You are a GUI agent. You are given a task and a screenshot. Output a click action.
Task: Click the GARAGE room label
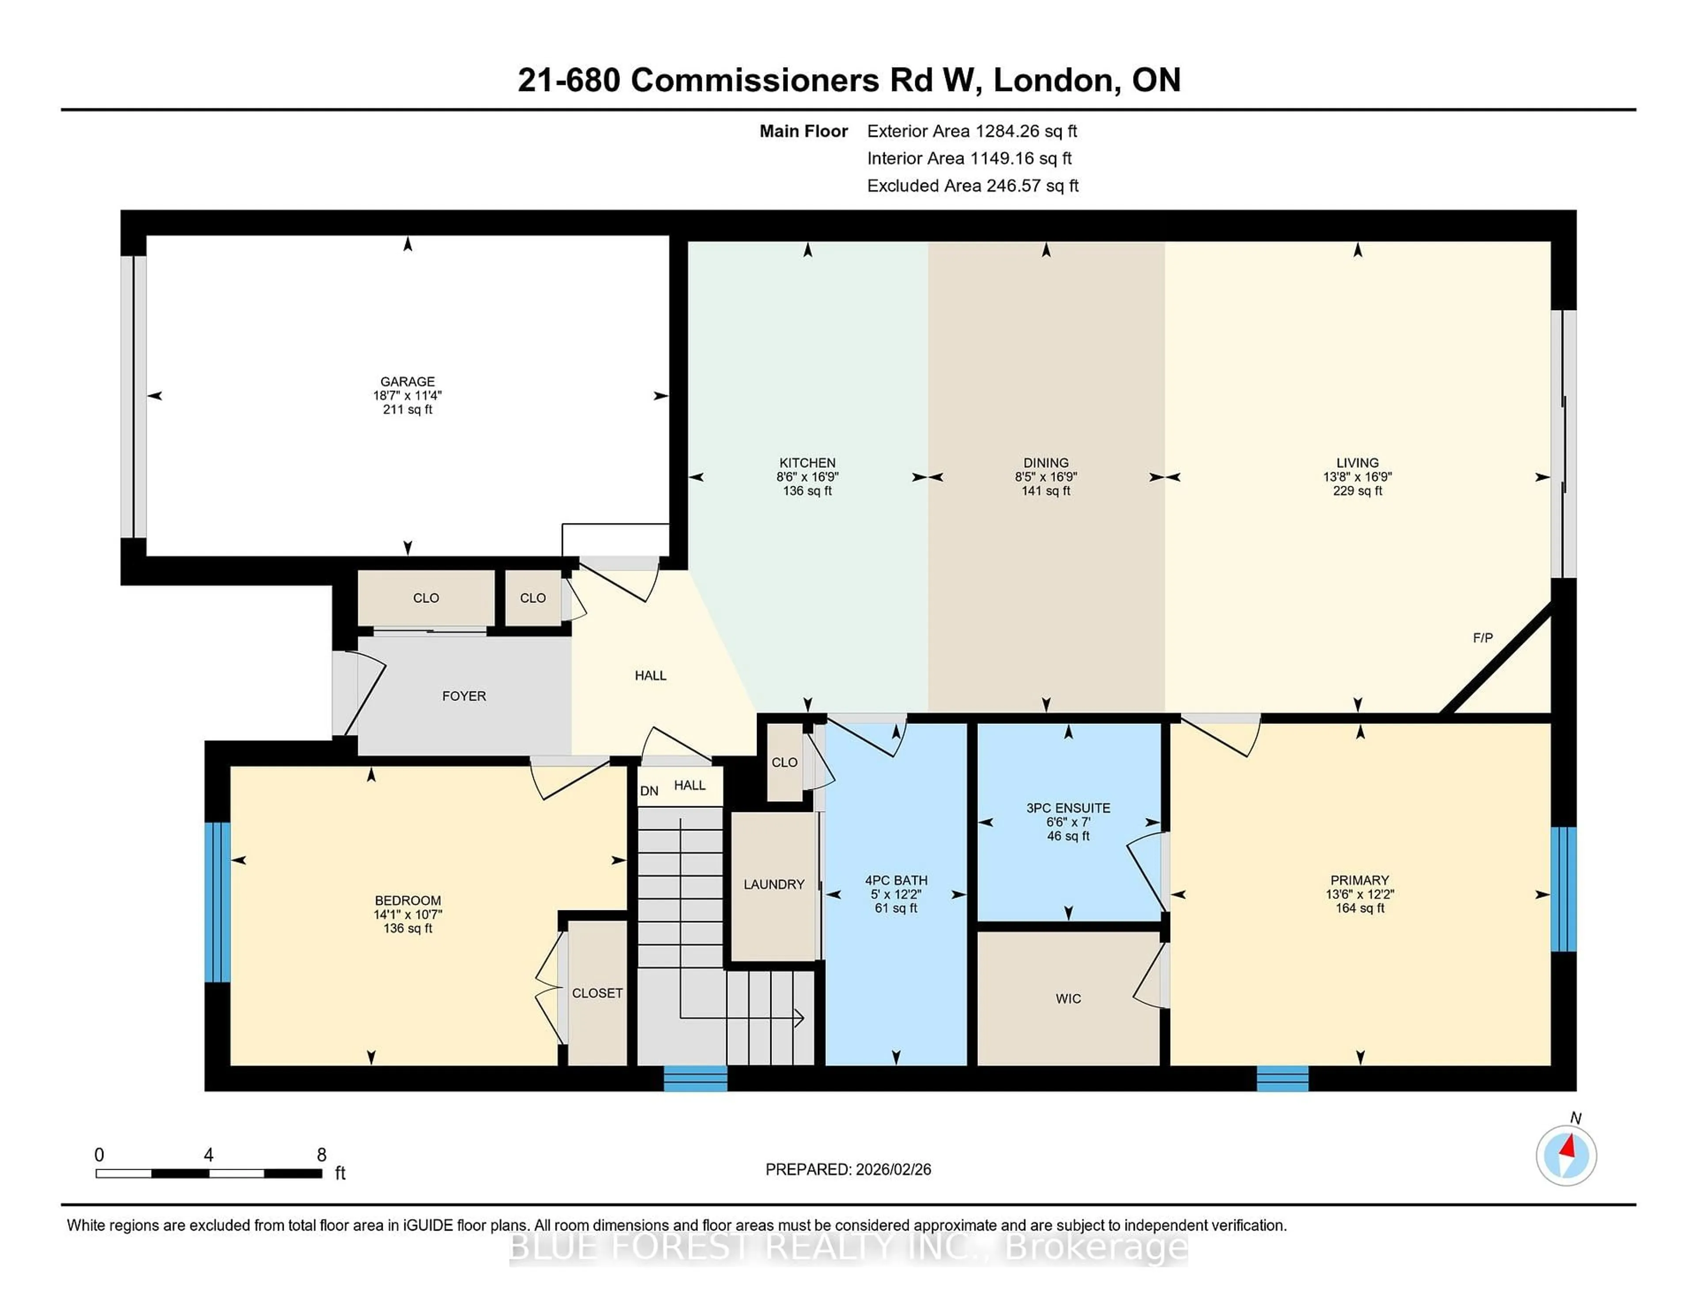click(x=407, y=381)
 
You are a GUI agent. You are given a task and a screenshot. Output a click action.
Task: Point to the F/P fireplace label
click(x=1483, y=638)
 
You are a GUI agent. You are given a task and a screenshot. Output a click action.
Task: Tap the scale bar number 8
click(x=322, y=1155)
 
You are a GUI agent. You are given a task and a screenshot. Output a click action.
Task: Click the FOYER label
click(x=464, y=696)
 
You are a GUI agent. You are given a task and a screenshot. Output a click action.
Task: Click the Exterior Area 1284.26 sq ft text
click(x=971, y=131)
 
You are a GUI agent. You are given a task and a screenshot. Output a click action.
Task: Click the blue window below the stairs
click(x=696, y=1078)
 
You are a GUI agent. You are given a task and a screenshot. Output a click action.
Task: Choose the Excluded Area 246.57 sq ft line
click(x=972, y=186)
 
